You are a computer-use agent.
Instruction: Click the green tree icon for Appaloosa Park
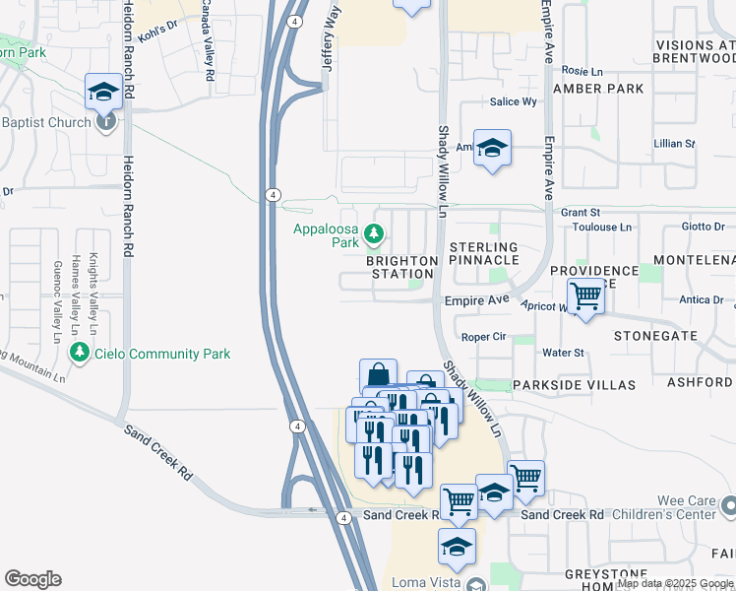373,233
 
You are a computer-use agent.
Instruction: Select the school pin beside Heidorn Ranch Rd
103,92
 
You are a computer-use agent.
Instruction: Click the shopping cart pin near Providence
586,295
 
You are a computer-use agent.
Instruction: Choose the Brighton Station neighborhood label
401,267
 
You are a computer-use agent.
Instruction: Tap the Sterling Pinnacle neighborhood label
483,253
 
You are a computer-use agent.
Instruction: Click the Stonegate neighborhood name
654,336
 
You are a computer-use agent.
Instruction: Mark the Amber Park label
598,89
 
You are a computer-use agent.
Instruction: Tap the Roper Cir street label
483,336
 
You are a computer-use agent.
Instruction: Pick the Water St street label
564,353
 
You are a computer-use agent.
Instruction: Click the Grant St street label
581,212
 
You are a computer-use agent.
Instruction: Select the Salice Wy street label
514,101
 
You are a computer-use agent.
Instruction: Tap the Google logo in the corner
32,578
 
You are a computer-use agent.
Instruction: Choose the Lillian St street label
674,144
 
